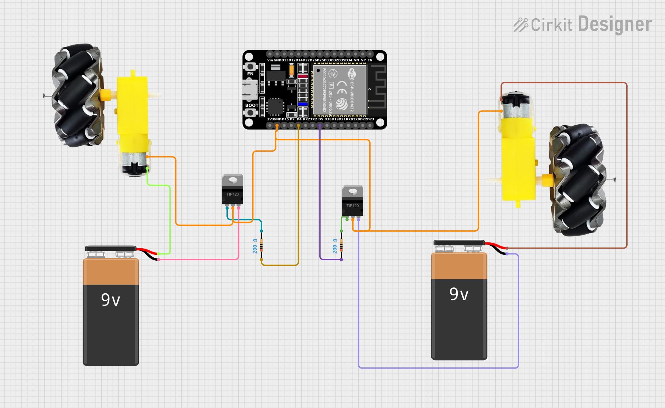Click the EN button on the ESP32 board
coord(250,67)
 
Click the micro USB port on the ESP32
coord(250,89)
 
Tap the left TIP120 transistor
coord(233,190)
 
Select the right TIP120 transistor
coord(352,201)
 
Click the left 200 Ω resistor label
coord(255,246)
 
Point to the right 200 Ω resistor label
coord(335,246)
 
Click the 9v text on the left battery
coord(110,300)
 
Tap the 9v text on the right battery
coord(459,294)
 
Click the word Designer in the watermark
coord(615,24)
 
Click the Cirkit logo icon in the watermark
coord(520,25)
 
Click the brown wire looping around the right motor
coord(627,165)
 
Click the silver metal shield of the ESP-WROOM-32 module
coord(339,90)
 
